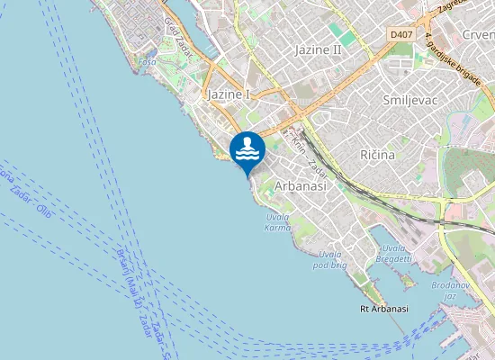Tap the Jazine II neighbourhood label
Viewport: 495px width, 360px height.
[319, 50]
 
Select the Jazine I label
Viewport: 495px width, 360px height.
[229, 94]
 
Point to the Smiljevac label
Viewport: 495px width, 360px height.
[409, 100]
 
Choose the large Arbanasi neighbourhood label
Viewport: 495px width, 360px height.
[301, 184]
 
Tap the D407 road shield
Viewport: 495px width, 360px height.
[402, 34]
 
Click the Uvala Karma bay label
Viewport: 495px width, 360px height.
[279, 222]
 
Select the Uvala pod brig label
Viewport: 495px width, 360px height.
[330, 261]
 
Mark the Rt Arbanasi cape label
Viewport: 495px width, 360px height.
[378, 309]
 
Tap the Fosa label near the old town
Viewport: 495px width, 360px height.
[148, 62]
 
